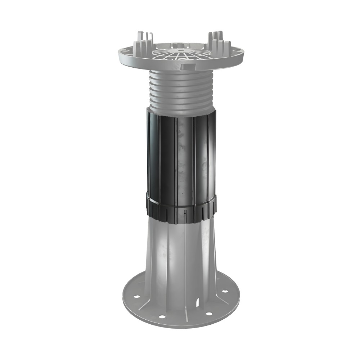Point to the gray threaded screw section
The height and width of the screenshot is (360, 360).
pyautogui.click(x=180, y=90)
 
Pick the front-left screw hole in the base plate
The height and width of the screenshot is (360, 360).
pyautogui.click(x=161, y=316)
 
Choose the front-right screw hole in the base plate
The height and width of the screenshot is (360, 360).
pyautogui.click(x=208, y=314)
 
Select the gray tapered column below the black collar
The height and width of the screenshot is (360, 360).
pyautogui.click(x=180, y=252)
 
